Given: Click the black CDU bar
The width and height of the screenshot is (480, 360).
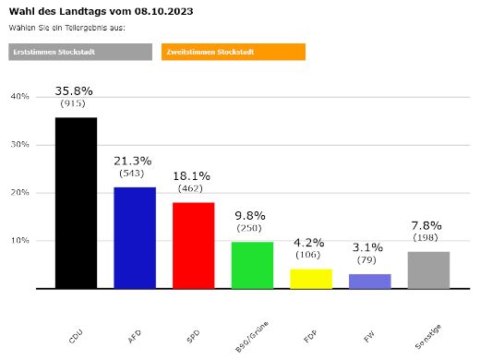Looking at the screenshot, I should coord(76,203).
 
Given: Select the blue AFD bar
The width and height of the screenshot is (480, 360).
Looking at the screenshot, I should coord(135,237).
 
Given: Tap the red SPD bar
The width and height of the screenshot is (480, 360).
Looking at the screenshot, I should coord(193,245).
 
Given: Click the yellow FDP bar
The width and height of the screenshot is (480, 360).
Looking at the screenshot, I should coord(310,278).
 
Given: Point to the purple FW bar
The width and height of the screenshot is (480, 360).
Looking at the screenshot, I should coord(369,281).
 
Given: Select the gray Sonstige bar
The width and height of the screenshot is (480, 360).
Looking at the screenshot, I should coord(428,270).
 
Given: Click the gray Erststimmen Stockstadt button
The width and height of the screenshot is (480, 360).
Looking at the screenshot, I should coord(80,52).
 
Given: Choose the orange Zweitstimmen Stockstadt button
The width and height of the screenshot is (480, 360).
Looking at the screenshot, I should coord(233,52).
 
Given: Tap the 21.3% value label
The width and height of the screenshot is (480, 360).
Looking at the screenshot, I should coord(134,161).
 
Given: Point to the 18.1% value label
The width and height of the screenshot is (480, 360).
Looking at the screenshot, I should coord(193,175).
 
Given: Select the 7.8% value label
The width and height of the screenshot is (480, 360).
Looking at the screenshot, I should coord(427,225).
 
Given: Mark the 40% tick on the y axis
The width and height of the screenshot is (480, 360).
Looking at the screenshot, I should coord(19,97).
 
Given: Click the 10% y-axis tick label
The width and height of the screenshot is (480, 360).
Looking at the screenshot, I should coord(19,241).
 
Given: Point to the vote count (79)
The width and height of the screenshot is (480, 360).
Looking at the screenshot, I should coord(369,259).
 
